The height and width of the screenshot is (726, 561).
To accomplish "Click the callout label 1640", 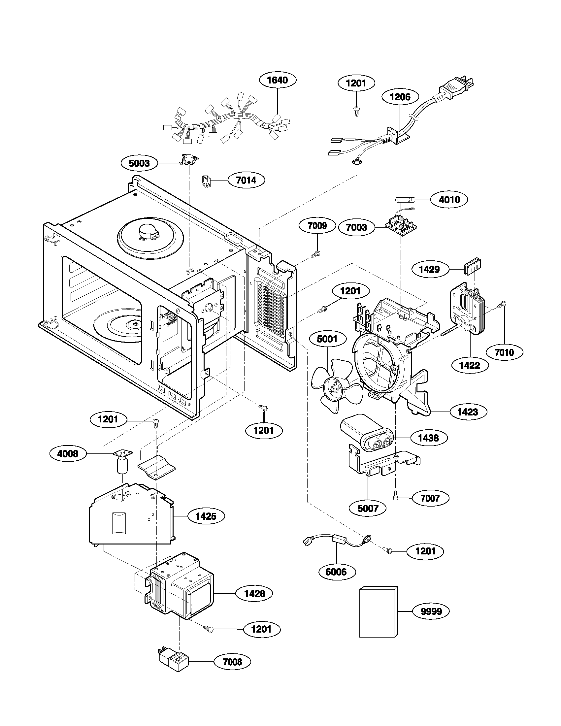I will pyautogui.click(x=278, y=80).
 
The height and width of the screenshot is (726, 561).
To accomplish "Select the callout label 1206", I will pyautogui.click(x=400, y=97).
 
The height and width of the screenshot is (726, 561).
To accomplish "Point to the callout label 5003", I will pyautogui.click(x=139, y=163).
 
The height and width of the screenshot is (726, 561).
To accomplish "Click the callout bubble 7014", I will pyautogui.click(x=246, y=180).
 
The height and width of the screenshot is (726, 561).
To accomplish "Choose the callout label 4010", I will pyautogui.click(x=449, y=200).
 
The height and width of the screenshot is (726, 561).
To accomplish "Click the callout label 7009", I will pyautogui.click(x=317, y=226).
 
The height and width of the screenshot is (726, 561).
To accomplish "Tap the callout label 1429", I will pyautogui.click(x=429, y=269).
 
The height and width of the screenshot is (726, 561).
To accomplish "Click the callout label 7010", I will pyautogui.click(x=504, y=352).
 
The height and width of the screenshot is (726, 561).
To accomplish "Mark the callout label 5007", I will pyautogui.click(x=368, y=508).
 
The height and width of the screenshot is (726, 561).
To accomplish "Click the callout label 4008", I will pyautogui.click(x=68, y=454).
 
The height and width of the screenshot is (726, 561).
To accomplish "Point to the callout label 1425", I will pyautogui.click(x=206, y=516).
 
